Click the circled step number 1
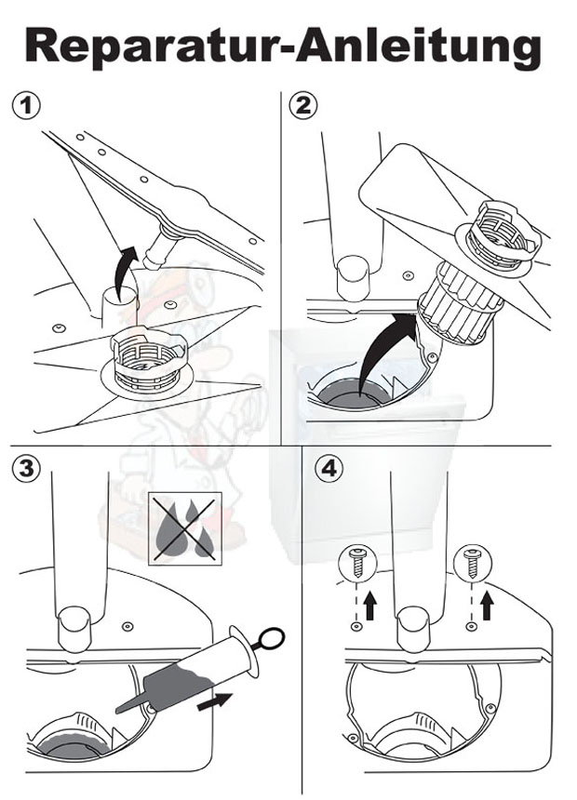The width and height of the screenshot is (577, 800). click(x=25, y=107)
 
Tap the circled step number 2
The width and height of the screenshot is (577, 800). click(x=302, y=106)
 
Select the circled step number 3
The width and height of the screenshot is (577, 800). click(x=25, y=468)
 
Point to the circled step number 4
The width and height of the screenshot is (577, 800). click(x=329, y=468)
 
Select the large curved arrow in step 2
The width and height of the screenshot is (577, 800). click(x=386, y=353)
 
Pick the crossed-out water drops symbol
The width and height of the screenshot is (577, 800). click(x=185, y=528)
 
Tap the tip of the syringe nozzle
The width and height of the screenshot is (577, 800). click(x=118, y=710)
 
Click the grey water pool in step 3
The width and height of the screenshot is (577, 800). click(x=72, y=745)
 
